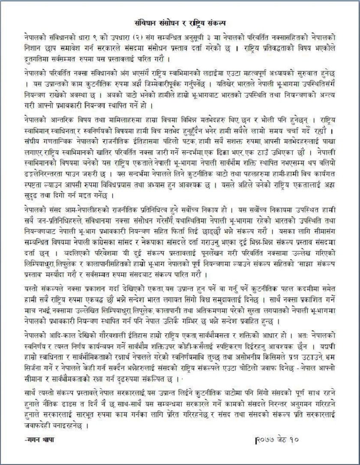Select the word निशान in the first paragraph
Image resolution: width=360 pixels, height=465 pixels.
coord(33,48)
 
